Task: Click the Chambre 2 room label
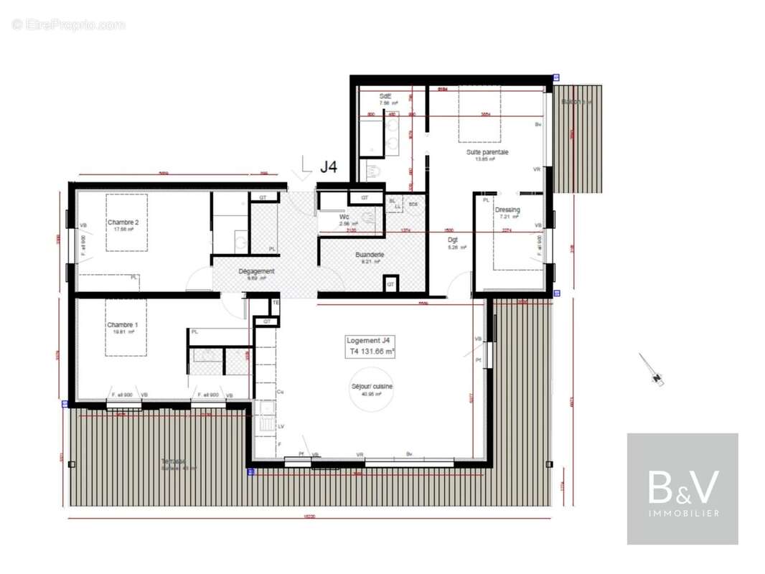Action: pos(123,222)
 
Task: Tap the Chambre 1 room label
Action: pos(123,325)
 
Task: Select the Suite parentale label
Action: pos(487,152)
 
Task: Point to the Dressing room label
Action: pos(507,210)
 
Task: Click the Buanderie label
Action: pos(370,255)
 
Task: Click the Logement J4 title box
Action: pos(370,347)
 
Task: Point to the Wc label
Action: pos(344,216)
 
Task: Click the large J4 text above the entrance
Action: pos(328,167)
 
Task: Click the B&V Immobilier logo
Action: pos(682,489)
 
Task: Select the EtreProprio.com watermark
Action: pos(68,24)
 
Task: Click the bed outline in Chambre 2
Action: pos(127,222)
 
